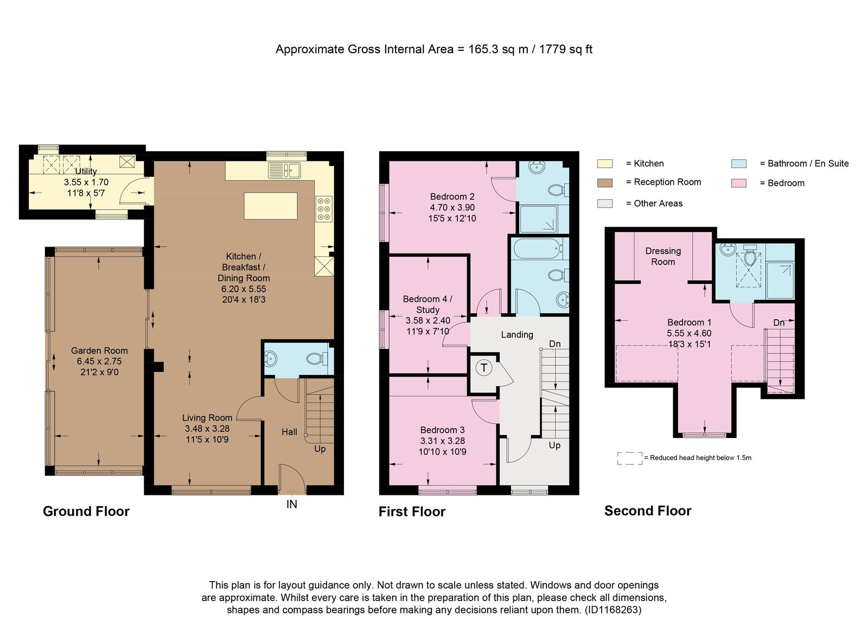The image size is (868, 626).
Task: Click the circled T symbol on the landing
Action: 484,367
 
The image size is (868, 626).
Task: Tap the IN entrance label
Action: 292,505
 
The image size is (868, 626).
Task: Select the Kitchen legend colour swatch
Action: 605,164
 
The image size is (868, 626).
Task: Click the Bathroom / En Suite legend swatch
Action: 739,164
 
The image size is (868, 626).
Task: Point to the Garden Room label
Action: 99,351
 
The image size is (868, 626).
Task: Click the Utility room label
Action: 86,171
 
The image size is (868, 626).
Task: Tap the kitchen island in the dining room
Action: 271,206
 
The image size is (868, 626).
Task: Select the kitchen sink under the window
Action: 284,170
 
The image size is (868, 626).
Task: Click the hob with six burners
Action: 324,209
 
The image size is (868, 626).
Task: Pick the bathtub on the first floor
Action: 539,249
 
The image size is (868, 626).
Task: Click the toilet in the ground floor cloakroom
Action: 317,358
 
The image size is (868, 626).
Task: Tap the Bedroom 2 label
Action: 452,197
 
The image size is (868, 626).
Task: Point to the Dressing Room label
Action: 663,256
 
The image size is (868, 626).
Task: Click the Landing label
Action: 517,335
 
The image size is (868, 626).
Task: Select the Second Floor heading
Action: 648,511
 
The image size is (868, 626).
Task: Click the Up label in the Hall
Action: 320,449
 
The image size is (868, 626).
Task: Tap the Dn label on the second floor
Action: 779,323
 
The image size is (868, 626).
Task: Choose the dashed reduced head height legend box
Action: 630,459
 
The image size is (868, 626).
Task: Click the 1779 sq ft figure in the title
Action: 566,49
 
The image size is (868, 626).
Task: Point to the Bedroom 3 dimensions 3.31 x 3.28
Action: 443,441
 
